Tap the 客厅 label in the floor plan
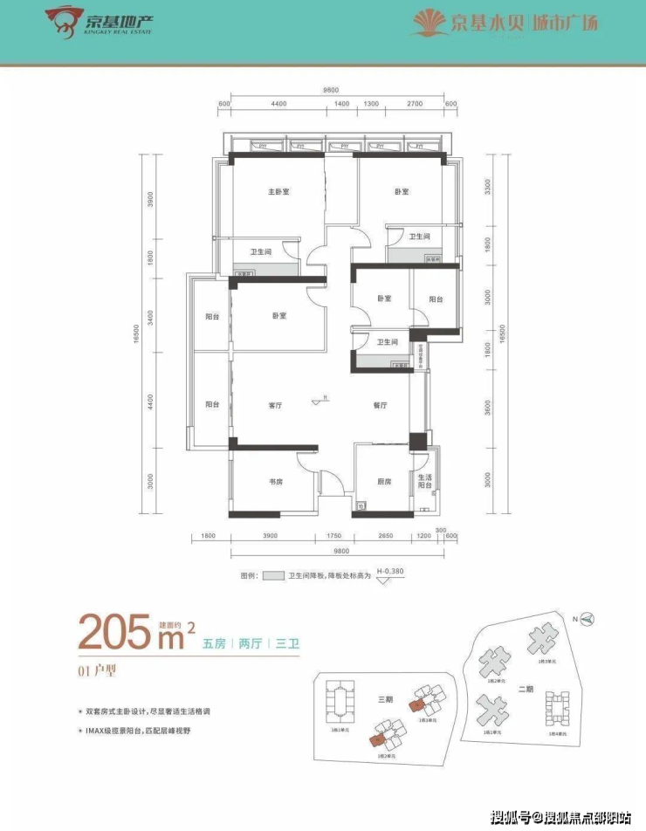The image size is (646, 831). [x=278, y=406]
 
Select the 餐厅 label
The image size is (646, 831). [x=379, y=406]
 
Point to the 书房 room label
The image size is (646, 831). [x=278, y=482]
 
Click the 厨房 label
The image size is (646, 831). [x=383, y=482]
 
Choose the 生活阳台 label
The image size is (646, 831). [x=424, y=481]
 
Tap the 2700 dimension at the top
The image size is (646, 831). [x=415, y=104]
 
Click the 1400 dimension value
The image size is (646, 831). [x=341, y=104]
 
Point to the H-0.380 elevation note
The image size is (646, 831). [x=389, y=573]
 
